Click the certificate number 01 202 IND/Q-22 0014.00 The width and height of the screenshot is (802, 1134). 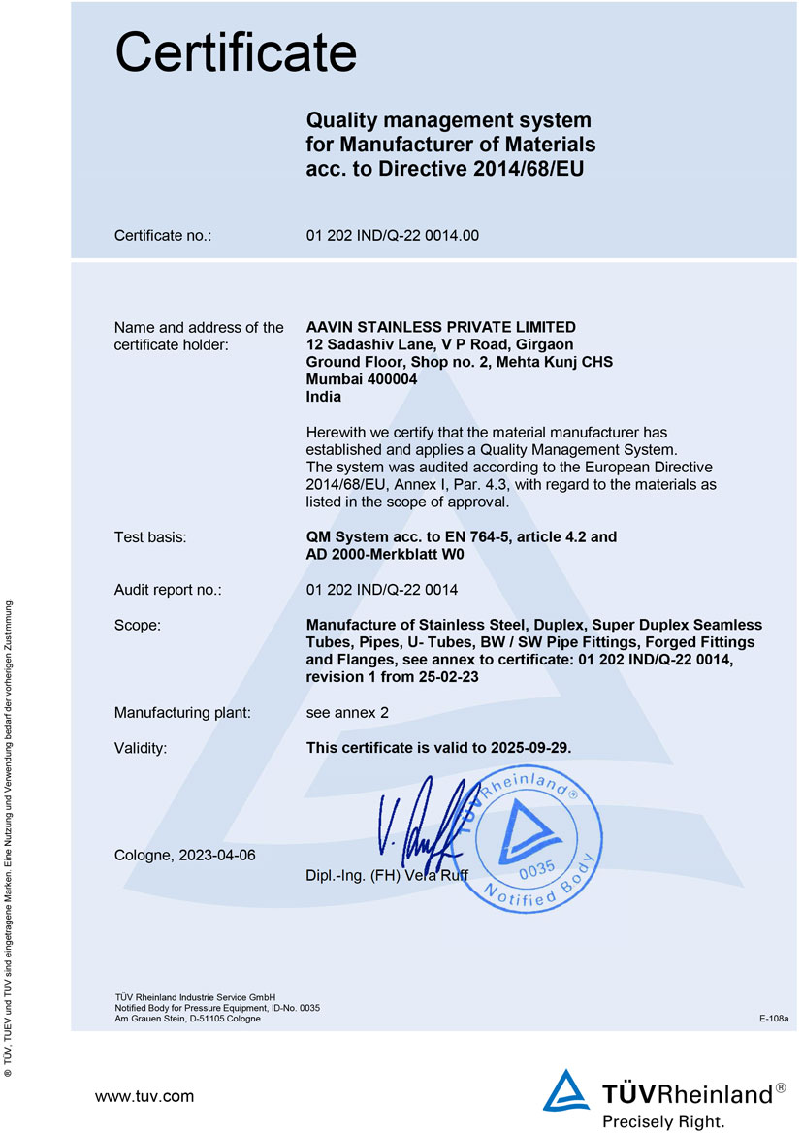point(392,235)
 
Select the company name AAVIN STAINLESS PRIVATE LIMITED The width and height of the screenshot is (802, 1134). point(440,327)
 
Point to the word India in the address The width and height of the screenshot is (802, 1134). point(323,397)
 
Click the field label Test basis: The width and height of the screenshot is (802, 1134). point(150,536)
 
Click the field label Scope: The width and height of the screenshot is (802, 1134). point(137,625)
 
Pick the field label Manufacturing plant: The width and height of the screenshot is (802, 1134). point(182,713)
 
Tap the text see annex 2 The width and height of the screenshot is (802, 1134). point(346,713)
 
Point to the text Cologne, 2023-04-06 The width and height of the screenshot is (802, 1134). point(185,855)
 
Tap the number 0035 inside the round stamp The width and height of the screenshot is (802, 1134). point(536,869)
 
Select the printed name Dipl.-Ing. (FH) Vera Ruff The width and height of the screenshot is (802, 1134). point(386,876)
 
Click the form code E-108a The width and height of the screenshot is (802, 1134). point(774,1019)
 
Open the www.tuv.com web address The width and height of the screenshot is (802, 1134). point(144,1096)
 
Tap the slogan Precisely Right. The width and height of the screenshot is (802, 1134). point(662,1121)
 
